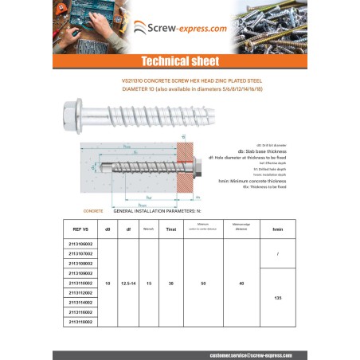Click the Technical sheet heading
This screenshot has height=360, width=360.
[180, 61]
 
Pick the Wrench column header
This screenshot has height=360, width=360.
[147, 229]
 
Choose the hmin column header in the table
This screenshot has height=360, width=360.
[277, 229]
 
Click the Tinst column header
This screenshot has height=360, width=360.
[170, 229]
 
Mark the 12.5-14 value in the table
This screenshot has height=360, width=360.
[127, 283]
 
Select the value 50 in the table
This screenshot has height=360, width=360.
[203, 283]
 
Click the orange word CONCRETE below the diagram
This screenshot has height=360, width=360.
[93, 212]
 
